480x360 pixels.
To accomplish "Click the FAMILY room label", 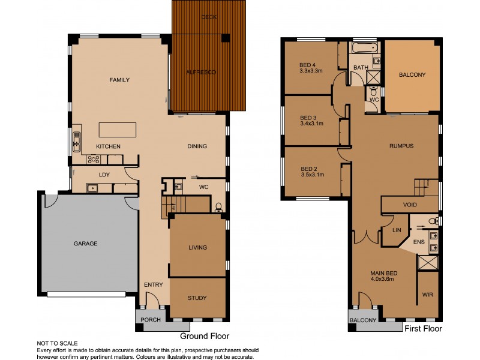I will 119,80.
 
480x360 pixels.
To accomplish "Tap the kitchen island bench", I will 118,130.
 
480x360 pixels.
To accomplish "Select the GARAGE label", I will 85,244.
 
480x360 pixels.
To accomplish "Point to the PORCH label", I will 150,320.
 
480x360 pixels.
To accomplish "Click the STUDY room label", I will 197,298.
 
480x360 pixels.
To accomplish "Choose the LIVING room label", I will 197,247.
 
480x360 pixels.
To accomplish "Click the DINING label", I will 197,146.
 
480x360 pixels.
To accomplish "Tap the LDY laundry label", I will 104,175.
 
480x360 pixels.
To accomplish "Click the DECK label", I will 209,17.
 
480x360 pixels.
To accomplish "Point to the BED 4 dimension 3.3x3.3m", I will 311,71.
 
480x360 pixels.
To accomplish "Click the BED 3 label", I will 308,117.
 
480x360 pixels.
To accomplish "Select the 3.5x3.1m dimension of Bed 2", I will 312,175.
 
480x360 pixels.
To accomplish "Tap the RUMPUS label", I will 401,146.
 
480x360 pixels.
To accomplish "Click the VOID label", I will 410,205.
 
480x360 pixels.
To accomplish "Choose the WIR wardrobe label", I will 427,295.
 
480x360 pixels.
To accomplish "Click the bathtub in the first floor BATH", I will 364,47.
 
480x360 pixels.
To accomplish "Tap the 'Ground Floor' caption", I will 205,336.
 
